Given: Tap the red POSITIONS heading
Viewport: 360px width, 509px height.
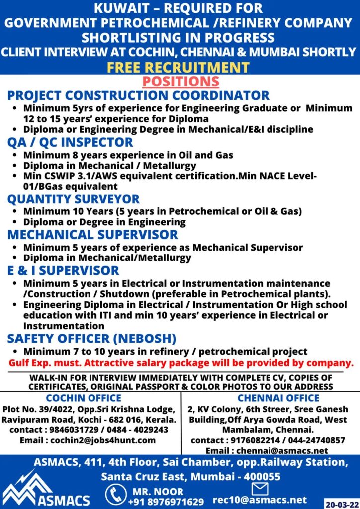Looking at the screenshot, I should click(x=180, y=81).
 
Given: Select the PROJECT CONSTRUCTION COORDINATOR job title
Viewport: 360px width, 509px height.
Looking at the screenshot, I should click(x=138, y=95).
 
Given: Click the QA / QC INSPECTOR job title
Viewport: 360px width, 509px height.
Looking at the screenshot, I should click(x=70, y=142).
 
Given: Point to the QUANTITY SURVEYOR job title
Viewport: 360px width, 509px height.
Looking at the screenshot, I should click(x=74, y=199).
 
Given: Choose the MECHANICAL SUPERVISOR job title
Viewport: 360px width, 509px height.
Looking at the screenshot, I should click(x=92, y=234).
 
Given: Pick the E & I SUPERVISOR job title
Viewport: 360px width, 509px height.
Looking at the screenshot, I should click(x=63, y=270).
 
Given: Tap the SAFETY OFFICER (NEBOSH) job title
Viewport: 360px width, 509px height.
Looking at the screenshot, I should click(x=91, y=339).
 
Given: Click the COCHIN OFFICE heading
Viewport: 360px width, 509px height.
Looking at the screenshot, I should click(x=84, y=398).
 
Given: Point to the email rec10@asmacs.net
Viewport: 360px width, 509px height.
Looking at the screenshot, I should click(x=260, y=499).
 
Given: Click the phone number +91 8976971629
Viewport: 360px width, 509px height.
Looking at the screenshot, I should click(x=169, y=502).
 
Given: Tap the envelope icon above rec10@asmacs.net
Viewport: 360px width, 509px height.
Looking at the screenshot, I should click(x=260, y=488).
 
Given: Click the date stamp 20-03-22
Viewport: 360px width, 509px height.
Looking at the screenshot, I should click(x=341, y=502).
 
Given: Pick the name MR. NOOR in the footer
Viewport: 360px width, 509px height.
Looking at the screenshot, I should click(x=159, y=492).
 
